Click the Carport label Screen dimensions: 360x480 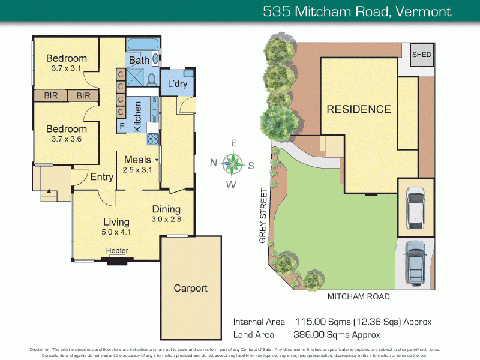coord(190,288)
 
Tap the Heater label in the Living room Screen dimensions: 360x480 coord(117,251)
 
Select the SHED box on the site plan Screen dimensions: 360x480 coord(421,56)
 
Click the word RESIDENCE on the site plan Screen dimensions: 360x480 coord(358,109)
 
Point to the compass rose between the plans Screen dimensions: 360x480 coord(233,161)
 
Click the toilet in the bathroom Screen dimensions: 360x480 coord(151,80)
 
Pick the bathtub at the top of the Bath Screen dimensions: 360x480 coord(142,45)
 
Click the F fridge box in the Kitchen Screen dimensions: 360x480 coord(122,126)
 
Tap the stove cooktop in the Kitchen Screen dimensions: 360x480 coord(152,139)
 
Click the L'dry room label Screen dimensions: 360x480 coord(177,84)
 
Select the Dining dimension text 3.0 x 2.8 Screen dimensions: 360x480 coord(166,220)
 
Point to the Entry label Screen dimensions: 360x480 coord(101,176)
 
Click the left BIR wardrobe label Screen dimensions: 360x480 coord(50,95)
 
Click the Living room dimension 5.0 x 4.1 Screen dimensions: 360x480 coord(116,232)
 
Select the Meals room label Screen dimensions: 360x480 coord(138,160)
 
